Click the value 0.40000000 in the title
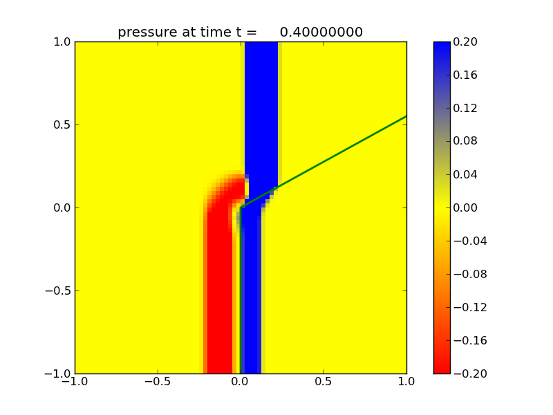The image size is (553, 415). click(321, 33)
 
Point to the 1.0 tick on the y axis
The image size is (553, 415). click(62, 41)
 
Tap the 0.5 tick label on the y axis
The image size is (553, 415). click(62, 124)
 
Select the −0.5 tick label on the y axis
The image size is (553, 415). click(58, 290)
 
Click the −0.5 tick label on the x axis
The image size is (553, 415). click(157, 381)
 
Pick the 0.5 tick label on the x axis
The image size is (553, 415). click(324, 381)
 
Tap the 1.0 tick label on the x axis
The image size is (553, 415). click(406, 381)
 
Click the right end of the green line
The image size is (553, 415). click(406, 116)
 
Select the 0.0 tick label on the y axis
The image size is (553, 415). click(62, 207)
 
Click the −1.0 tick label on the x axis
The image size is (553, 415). click(74, 381)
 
